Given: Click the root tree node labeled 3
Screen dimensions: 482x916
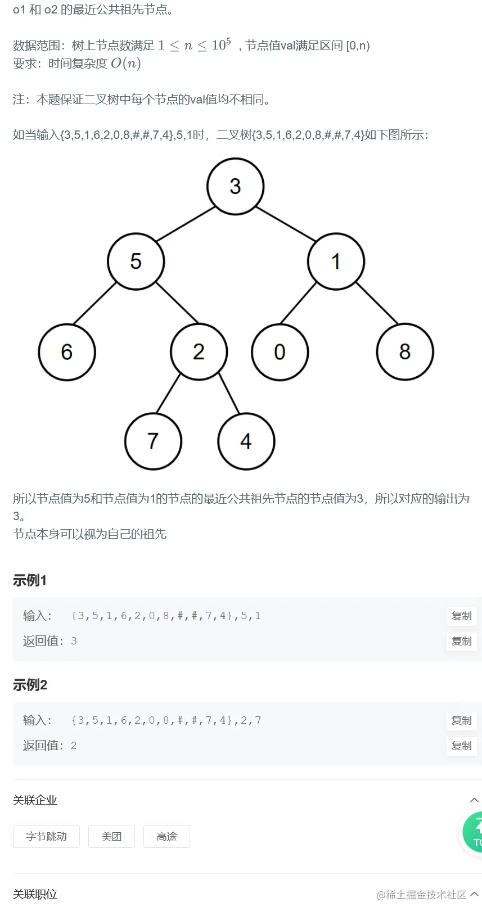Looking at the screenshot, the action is (235, 186).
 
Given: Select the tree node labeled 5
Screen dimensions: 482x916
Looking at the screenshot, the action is (136, 261).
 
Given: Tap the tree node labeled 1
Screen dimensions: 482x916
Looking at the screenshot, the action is (336, 261).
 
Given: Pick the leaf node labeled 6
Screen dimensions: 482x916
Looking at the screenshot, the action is (67, 352).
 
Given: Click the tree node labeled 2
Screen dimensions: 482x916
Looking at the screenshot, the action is (199, 352).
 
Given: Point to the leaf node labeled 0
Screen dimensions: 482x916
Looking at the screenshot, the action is (280, 352).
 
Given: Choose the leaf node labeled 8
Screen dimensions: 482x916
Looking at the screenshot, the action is (405, 352).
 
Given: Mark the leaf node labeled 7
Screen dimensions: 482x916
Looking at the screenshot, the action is (153, 441).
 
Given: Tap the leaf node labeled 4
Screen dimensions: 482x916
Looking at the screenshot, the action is (246, 441).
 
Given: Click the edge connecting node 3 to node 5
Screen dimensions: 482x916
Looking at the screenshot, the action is (186, 224).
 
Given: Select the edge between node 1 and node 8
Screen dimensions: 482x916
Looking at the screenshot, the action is (377, 303).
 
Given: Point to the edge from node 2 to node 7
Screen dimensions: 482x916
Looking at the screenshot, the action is (168, 393).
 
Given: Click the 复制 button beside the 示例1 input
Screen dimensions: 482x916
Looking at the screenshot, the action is (461, 616).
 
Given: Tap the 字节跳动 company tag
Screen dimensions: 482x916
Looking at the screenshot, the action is (46, 836).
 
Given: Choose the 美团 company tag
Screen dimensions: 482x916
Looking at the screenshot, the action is (111, 836).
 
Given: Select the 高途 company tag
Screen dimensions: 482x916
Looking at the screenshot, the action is (166, 836).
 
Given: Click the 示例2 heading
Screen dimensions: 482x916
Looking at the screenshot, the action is (30, 685).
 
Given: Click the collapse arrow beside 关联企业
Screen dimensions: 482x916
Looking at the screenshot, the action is (474, 800).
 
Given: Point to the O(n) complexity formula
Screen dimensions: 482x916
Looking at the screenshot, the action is (125, 63).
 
